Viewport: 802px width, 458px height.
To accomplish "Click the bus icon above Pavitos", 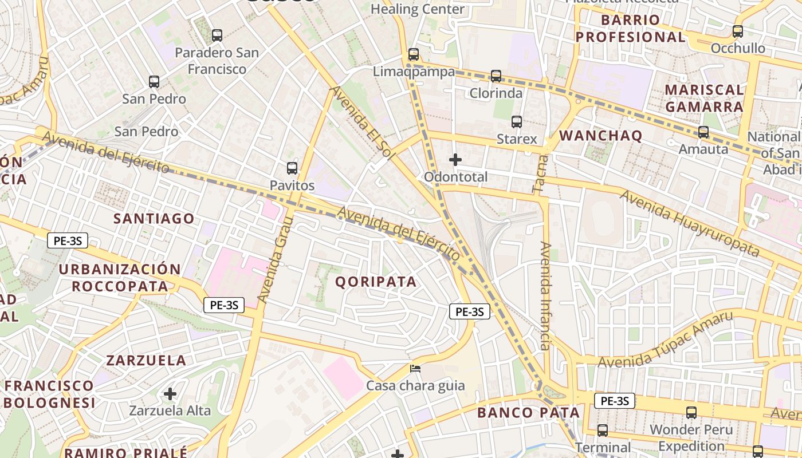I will tap(292, 168).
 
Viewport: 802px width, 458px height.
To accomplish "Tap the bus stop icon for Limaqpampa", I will tap(414, 54).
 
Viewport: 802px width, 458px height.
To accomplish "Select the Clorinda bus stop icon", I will tap(496, 76).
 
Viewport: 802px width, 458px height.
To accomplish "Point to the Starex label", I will tap(517, 139).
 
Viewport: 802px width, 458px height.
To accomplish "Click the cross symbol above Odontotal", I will tap(455, 160).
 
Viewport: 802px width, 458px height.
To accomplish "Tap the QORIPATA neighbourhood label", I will tap(376, 282).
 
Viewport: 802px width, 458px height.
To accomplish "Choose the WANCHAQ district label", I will tap(600, 136).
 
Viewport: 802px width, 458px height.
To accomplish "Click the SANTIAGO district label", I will tap(154, 219).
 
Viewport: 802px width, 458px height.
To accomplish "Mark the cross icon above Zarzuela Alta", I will tap(170, 394).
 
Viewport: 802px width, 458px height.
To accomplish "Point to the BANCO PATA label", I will tap(528, 413).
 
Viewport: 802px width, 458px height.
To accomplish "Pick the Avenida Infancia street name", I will tap(545, 295).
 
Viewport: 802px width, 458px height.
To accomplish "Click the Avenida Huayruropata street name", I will tap(689, 223).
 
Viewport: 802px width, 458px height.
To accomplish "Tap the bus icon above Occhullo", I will tap(738, 31).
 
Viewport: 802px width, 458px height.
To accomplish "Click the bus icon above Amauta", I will tap(703, 132).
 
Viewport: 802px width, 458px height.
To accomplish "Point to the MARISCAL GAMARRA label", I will tap(704, 98).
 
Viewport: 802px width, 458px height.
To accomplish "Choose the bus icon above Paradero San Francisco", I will tap(217, 35).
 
